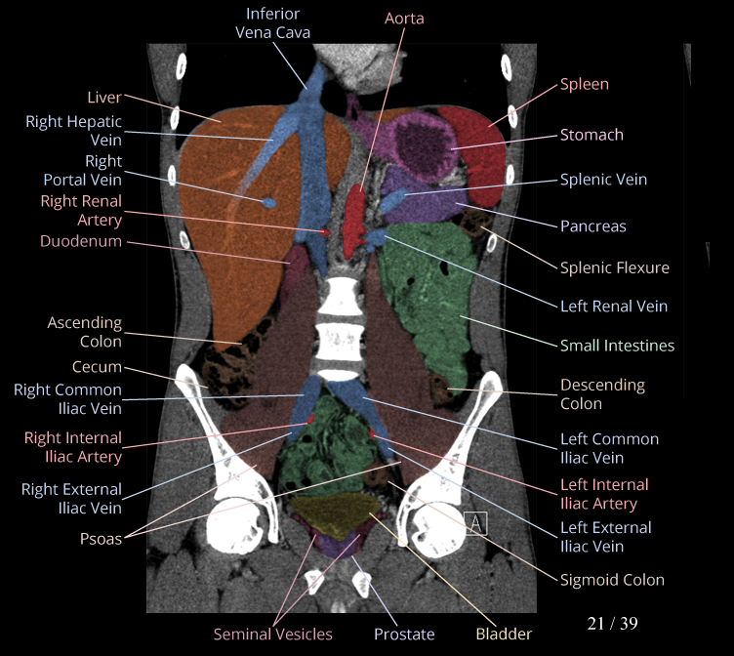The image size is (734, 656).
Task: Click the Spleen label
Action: (584, 85)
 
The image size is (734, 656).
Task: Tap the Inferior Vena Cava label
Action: (272, 22)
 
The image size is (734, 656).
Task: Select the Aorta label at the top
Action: (404, 19)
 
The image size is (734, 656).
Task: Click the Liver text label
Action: (104, 98)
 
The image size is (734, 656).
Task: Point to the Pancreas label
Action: (592, 226)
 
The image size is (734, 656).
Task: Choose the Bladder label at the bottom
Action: (504, 635)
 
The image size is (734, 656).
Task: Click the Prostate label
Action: (404, 635)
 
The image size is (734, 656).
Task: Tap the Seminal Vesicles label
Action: (272, 635)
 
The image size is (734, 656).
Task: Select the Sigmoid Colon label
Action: (612, 580)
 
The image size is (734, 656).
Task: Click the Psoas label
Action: (101, 538)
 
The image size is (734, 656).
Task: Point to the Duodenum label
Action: (81, 241)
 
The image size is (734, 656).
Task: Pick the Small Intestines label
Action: (617, 346)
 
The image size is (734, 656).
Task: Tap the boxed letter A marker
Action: (476, 524)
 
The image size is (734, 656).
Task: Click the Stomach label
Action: (591, 135)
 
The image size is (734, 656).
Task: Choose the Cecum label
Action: (97, 367)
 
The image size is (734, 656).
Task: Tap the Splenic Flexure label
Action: (614, 267)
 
